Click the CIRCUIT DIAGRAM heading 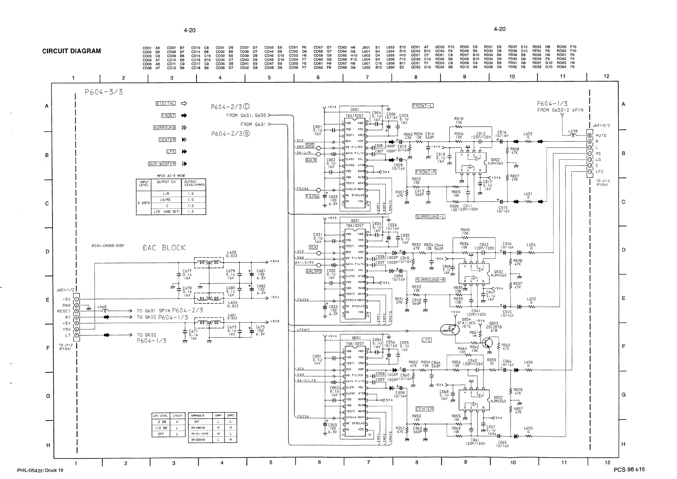coord(71,51)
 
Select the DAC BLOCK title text coord(164,248)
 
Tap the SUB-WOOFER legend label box coord(162,164)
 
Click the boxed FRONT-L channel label coord(423,106)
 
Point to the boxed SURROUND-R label coord(430,280)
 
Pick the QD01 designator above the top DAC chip coord(355,110)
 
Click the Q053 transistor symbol coord(487,343)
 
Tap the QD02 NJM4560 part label coord(495,161)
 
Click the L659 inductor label coord(573,131)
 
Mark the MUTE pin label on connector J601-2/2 coord(601,136)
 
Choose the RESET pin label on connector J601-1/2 coord(64,311)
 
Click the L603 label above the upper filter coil coord(232,253)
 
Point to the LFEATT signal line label coord(303,330)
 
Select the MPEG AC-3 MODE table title coord(171,176)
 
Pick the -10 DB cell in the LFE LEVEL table coord(161,428)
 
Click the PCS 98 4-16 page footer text coord(629,470)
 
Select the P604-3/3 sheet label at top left coord(103,92)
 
